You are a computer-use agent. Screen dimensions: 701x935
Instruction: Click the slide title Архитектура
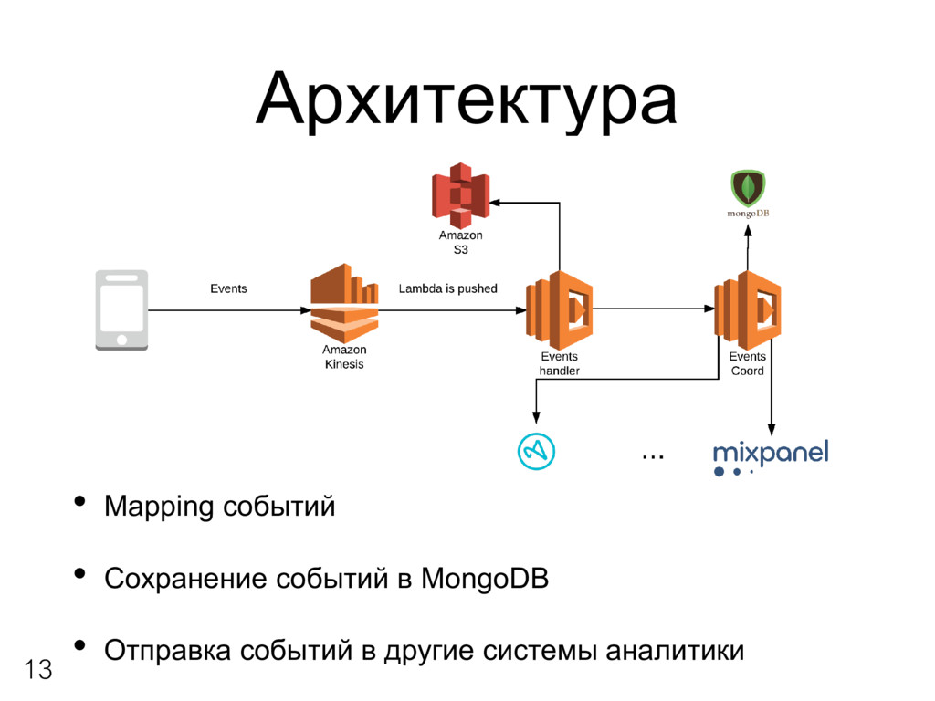pos(467,101)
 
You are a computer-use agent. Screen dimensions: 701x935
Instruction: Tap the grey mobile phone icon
pos(121,309)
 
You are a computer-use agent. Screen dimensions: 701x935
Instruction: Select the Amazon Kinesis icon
pos(343,302)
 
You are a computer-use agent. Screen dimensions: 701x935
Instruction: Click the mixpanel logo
pos(770,454)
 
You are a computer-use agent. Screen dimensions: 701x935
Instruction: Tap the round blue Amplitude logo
pos(536,450)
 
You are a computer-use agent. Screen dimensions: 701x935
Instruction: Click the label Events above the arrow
pos(228,288)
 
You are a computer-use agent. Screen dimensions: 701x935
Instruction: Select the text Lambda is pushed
pos(447,288)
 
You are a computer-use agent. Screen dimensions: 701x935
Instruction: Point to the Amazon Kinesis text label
pos(343,357)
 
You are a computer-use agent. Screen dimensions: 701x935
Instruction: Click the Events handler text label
pos(559,363)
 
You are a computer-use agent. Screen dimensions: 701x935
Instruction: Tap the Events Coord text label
pos(747,363)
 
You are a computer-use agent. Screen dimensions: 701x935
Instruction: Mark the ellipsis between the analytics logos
pos(652,454)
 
